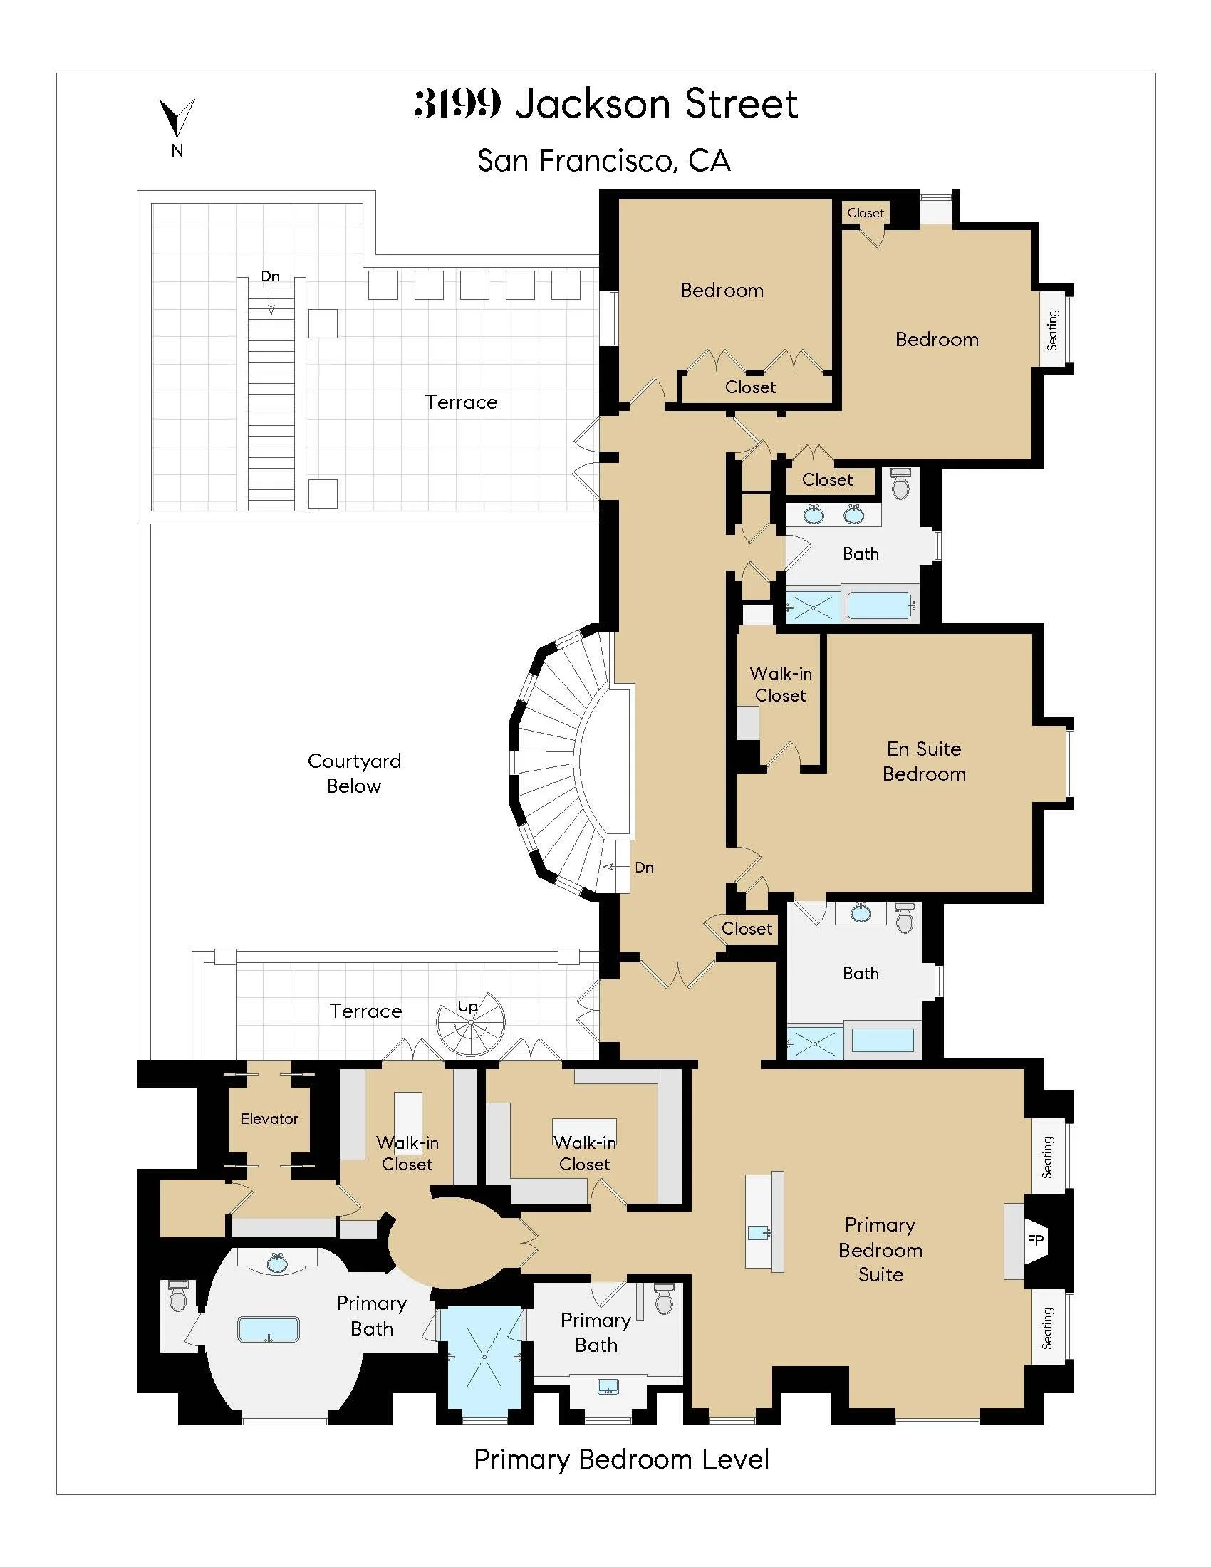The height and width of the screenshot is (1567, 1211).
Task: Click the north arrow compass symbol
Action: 177,118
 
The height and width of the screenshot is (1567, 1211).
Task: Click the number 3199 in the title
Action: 458,104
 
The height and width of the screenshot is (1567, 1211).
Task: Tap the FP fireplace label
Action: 1035,1240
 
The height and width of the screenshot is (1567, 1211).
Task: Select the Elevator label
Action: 269,1118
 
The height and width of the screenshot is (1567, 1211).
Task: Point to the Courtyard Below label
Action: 354,773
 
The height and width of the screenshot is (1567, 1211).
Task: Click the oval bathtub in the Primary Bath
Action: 269,1329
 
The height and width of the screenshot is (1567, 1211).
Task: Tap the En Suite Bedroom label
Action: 924,761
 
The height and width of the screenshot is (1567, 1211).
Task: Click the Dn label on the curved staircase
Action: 643,867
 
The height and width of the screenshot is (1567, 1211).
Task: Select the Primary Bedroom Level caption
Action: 621,1459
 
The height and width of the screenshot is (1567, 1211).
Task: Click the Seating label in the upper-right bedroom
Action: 1052,330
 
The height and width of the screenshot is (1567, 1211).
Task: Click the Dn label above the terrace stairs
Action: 271,276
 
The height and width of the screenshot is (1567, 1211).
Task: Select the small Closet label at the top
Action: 866,213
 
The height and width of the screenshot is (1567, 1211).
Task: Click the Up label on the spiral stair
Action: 468,1006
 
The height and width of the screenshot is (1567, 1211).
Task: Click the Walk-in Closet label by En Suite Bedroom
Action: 781,684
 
